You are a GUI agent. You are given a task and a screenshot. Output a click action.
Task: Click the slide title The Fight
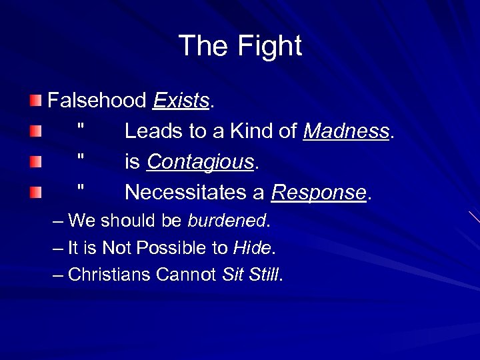(240, 46)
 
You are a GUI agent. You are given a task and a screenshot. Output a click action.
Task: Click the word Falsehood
(97, 101)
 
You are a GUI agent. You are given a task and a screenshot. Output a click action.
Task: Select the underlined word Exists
(181, 101)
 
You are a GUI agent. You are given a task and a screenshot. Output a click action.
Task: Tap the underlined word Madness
(346, 131)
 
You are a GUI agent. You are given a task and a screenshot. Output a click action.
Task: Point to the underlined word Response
(319, 193)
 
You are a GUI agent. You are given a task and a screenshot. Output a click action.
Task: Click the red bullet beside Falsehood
(35, 101)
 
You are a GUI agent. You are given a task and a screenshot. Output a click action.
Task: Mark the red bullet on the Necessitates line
(35, 193)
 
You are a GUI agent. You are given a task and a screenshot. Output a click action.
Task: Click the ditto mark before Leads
(80, 125)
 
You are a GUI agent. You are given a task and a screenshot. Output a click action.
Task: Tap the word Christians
(109, 275)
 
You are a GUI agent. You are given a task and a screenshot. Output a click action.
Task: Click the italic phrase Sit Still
(251, 275)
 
